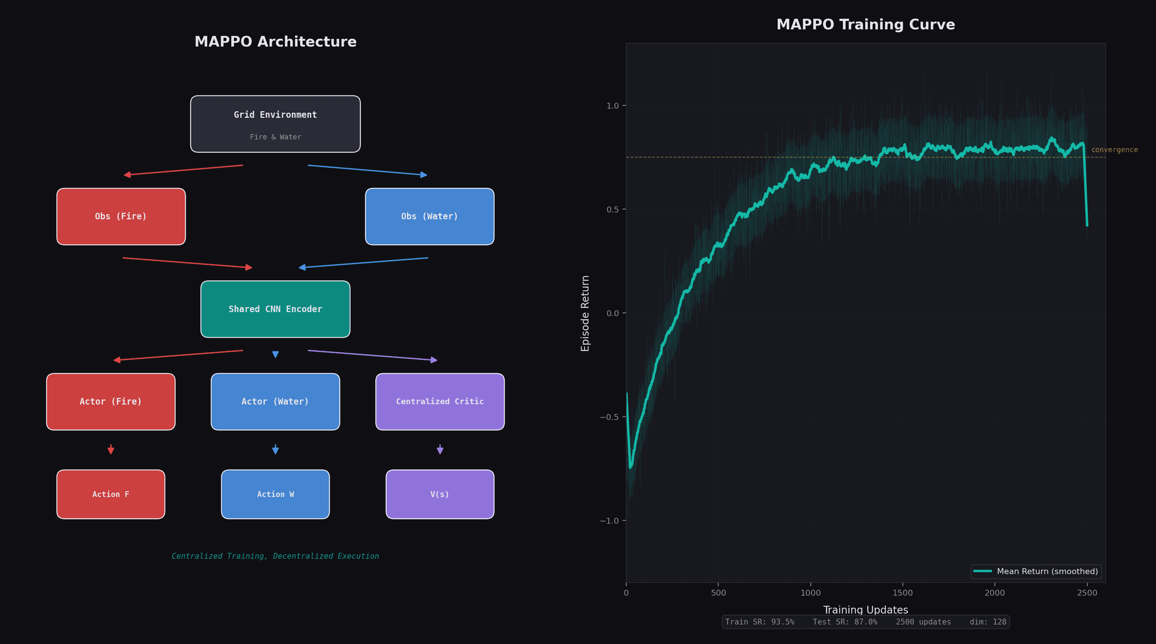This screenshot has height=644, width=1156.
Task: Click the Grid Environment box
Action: pyautogui.click(x=275, y=124)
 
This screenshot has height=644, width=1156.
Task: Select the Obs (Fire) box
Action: pyautogui.click(x=121, y=216)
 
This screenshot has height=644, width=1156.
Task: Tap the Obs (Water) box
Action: pyautogui.click(x=430, y=216)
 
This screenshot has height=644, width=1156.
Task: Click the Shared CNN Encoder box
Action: pyautogui.click(x=275, y=309)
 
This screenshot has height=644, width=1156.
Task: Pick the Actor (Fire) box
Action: pyautogui.click(x=111, y=401)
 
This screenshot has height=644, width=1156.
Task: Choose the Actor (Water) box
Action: pyautogui.click(x=275, y=401)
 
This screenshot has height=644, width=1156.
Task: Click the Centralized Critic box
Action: pyautogui.click(x=440, y=401)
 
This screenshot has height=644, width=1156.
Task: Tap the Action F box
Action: pyautogui.click(x=111, y=494)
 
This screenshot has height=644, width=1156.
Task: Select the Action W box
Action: pyautogui.click(x=275, y=494)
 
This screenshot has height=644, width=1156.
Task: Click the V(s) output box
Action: pyautogui.click(x=440, y=494)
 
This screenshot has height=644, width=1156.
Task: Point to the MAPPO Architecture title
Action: pyautogui.click(x=275, y=42)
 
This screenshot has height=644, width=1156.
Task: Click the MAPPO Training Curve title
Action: pyautogui.click(x=865, y=25)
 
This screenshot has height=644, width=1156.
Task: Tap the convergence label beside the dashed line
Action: pyautogui.click(x=1114, y=150)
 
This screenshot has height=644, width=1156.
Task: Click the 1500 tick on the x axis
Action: pyautogui.click(x=903, y=593)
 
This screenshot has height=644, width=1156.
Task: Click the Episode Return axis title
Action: pyautogui.click(x=585, y=313)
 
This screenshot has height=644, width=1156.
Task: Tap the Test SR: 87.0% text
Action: pyautogui.click(x=845, y=622)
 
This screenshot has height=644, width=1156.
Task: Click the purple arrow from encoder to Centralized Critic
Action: pyautogui.click(x=373, y=355)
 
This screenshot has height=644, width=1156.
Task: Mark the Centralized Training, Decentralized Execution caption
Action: pyautogui.click(x=275, y=557)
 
